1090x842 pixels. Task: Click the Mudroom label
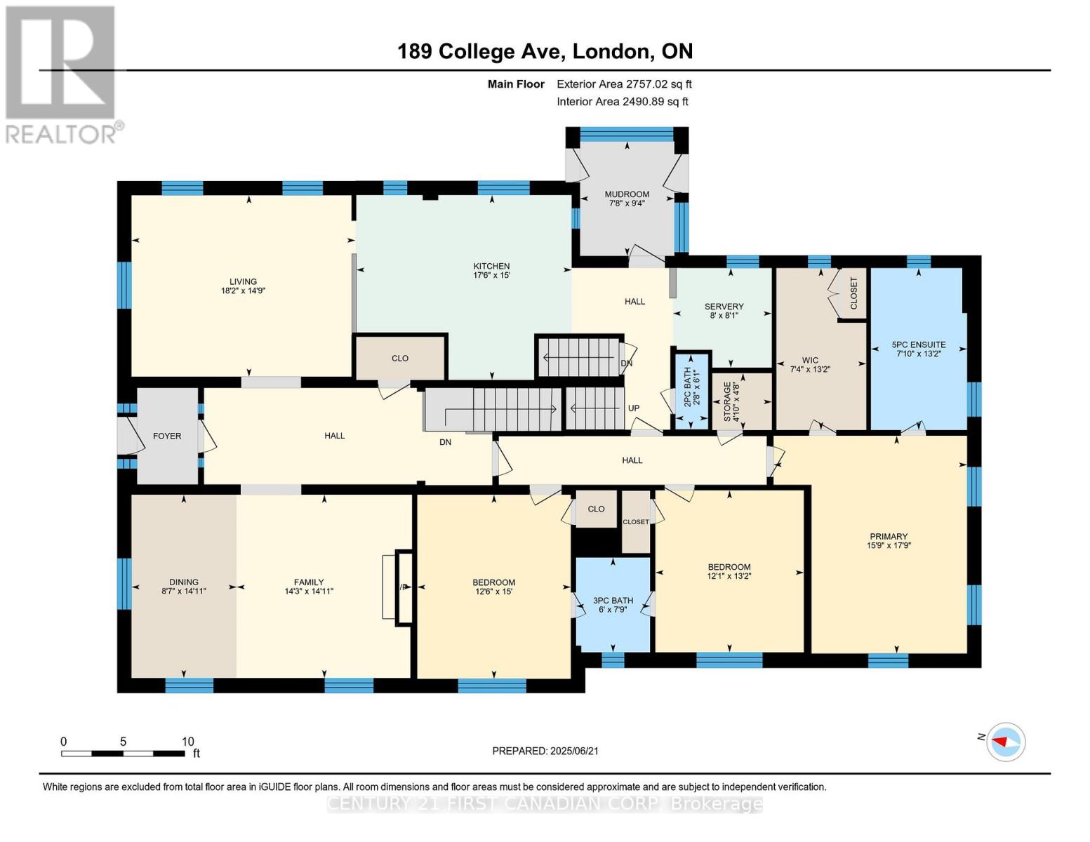[x=627, y=194]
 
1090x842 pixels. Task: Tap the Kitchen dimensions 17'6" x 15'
[x=491, y=276]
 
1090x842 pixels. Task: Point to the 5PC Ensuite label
[x=918, y=345]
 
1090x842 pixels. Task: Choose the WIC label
[x=810, y=360]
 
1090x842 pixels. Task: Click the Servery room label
[x=724, y=307]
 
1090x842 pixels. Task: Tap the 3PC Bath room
[x=613, y=600]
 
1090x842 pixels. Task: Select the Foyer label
[x=167, y=436]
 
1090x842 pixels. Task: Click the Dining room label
[x=184, y=582]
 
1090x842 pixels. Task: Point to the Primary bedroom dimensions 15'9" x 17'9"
[x=889, y=545]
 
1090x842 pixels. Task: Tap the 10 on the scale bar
[x=187, y=742]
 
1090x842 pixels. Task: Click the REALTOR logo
[x=62, y=74]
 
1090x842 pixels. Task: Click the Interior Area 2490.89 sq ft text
[x=622, y=101]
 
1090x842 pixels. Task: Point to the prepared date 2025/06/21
[x=545, y=751]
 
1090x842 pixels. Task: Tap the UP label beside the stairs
[x=634, y=408]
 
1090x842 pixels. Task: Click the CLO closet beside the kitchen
[x=400, y=358]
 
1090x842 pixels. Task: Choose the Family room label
[x=309, y=582]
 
